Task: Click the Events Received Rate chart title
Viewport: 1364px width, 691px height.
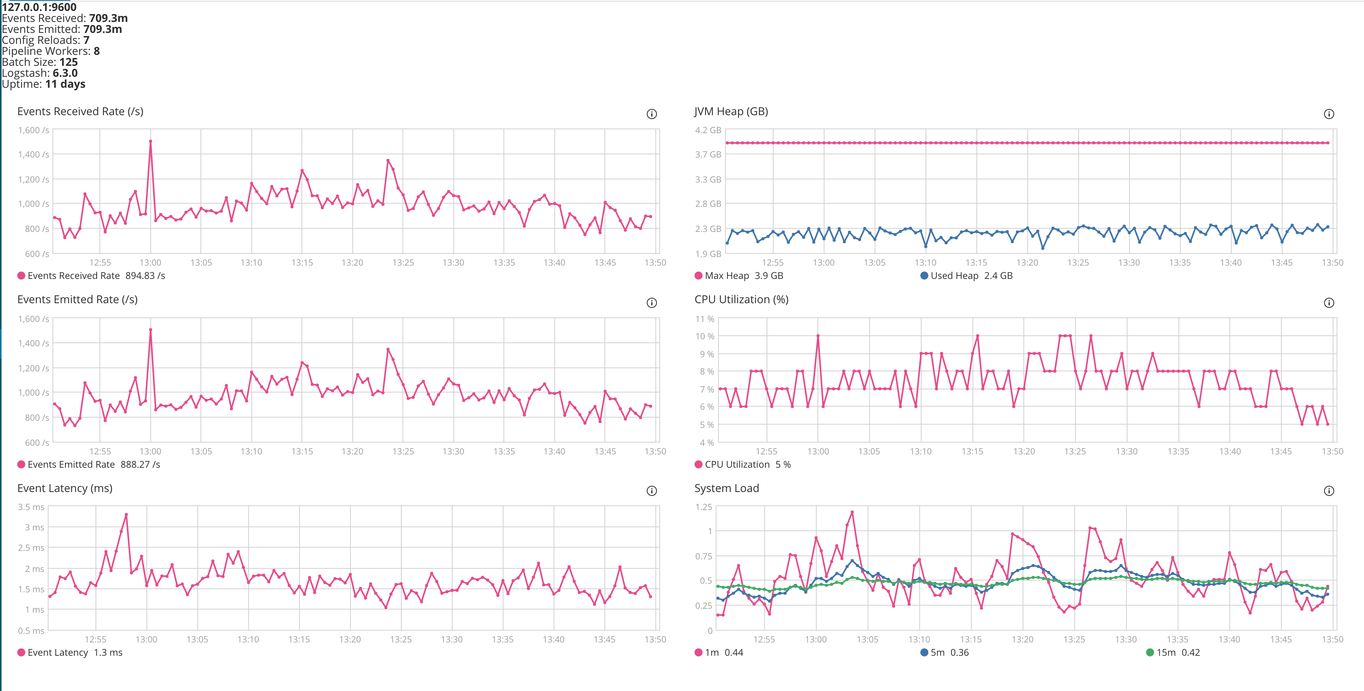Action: (x=80, y=111)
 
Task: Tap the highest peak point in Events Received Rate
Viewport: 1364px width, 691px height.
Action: (x=150, y=141)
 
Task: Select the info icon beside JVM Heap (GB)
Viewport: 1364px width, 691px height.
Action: (x=1328, y=114)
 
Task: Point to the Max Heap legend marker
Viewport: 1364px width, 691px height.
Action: (x=698, y=275)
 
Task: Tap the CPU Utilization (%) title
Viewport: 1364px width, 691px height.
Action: (x=741, y=299)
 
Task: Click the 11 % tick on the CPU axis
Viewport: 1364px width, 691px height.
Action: (x=704, y=319)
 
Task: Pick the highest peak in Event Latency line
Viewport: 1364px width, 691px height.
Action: (x=126, y=515)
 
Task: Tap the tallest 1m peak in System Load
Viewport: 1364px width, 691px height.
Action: (x=852, y=512)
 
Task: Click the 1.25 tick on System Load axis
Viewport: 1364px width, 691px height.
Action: (x=703, y=507)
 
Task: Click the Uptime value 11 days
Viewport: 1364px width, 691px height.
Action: (x=65, y=84)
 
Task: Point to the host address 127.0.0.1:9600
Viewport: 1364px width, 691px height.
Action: (x=39, y=7)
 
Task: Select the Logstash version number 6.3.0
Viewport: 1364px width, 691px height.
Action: (x=65, y=73)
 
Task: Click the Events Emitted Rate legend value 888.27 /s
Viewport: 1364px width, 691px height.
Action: (x=140, y=464)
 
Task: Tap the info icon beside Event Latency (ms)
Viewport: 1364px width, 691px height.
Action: (x=652, y=491)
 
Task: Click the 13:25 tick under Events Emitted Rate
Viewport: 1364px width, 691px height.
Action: (x=403, y=452)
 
